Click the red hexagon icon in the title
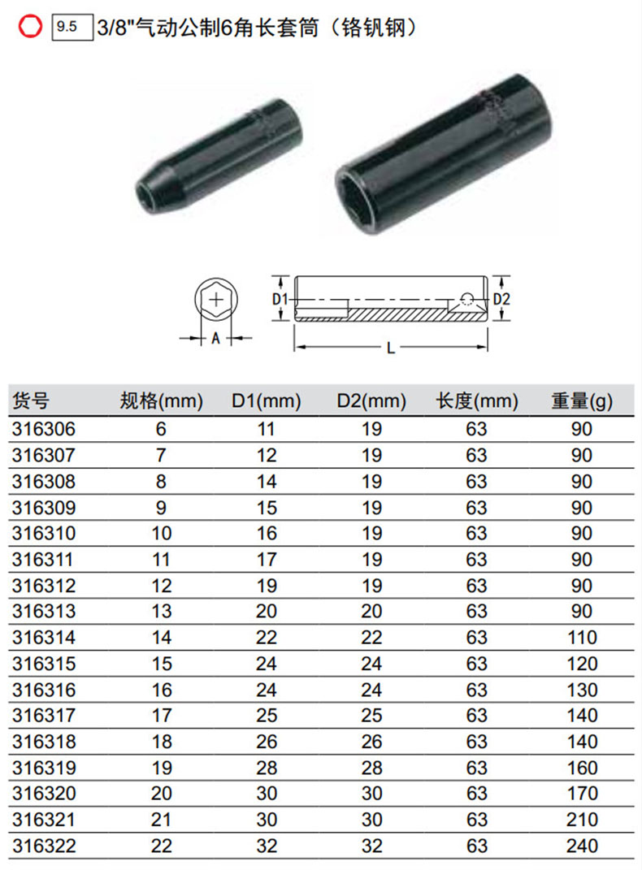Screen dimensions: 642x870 click(x=30, y=26)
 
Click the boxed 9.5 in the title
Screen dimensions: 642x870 click(x=72, y=27)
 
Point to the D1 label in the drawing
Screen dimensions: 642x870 click(x=280, y=300)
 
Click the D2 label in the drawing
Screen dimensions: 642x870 click(x=501, y=300)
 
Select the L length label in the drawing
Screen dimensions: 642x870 click(x=391, y=348)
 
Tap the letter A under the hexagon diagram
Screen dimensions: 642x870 click(x=216, y=338)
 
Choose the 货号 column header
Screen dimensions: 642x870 click(x=31, y=400)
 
